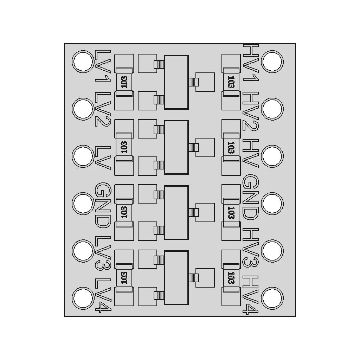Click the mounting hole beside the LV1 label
[83, 62]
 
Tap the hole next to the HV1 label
[272, 62]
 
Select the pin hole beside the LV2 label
[83, 109]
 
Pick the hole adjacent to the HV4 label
[272, 298]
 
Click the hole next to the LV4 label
[83, 298]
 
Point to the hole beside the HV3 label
[272, 251]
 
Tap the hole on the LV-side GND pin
[83, 204]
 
